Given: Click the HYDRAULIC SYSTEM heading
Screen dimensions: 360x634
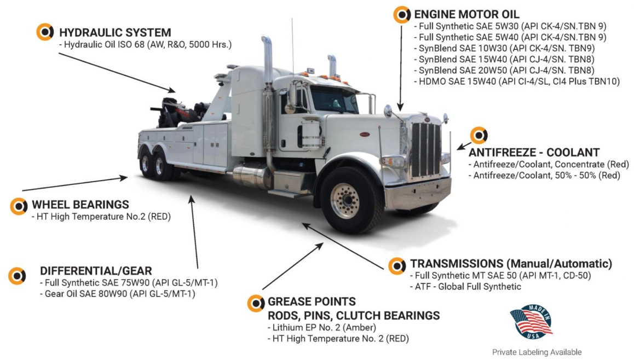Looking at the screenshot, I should click(x=115, y=32).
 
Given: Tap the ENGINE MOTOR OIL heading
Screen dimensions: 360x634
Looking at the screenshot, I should click(x=466, y=14).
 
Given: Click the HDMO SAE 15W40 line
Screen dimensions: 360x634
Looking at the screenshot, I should click(x=517, y=81).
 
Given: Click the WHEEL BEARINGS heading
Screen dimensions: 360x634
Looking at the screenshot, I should click(x=80, y=205).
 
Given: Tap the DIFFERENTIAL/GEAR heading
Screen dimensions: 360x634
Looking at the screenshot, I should click(x=96, y=270).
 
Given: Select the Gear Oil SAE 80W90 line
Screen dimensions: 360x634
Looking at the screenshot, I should click(x=118, y=294).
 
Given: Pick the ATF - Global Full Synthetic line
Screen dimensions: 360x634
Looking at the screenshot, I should click(x=465, y=287).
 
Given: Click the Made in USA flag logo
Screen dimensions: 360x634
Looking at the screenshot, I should click(x=531, y=322).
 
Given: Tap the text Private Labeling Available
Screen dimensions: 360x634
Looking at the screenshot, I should click(x=537, y=352).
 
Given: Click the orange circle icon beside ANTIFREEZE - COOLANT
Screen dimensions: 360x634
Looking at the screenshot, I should click(x=479, y=135).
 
